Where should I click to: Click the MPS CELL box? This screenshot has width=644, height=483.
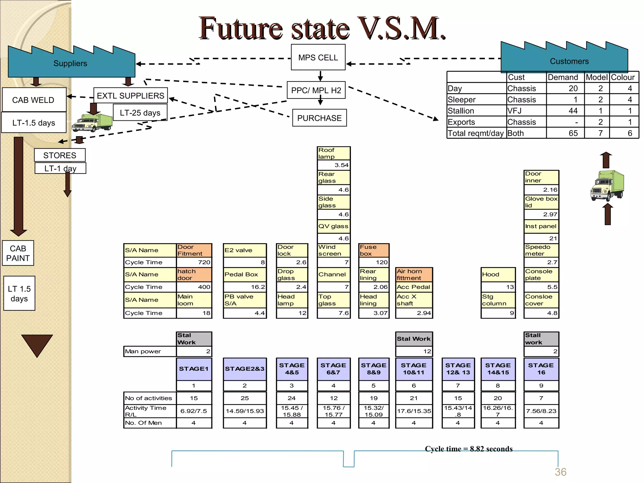point(318,57)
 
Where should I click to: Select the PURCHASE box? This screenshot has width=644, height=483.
point(319,118)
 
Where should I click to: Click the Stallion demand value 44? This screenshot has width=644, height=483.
point(573,111)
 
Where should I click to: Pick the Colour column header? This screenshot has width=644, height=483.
point(623,77)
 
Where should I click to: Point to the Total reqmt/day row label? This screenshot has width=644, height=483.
point(475,133)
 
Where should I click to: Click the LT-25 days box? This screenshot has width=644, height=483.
point(140,113)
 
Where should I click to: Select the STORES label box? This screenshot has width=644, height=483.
point(60,155)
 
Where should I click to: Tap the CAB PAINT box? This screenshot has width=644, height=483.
point(18,253)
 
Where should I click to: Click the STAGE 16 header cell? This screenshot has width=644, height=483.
point(541,369)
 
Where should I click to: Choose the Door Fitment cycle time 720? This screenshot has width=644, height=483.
point(194,262)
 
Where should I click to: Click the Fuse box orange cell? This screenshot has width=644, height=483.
point(374,250)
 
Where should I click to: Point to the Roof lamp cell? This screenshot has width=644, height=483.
point(333,153)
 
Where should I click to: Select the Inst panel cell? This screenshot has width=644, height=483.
point(541,226)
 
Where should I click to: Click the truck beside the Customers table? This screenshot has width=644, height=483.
point(607,186)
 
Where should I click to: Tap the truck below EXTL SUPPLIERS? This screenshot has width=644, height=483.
point(92,123)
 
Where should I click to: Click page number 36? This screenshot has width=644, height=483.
point(560,472)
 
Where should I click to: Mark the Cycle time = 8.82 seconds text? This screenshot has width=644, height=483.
point(469,449)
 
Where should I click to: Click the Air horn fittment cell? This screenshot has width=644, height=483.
point(414,275)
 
